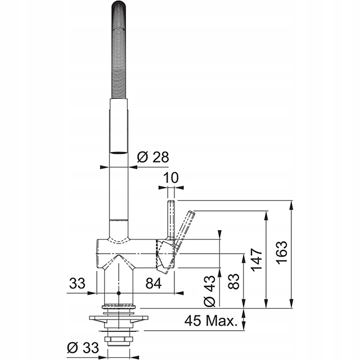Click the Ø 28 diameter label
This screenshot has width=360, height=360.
[x=153, y=157]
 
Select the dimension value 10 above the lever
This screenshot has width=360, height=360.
[x=171, y=178]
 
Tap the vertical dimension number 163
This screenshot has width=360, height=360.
[x=282, y=253]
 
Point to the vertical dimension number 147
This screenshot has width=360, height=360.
[x=256, y=259]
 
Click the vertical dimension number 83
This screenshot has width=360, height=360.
[x=234, y=281]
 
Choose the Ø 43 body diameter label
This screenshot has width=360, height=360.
[x=210, y=291]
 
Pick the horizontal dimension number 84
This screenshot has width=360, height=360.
[x=154, y=283]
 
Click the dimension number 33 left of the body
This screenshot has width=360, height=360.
[x=77, y=283]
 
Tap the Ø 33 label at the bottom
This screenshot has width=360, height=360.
[x=83, y=348]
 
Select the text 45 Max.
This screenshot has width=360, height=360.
[x=211, y=321]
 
